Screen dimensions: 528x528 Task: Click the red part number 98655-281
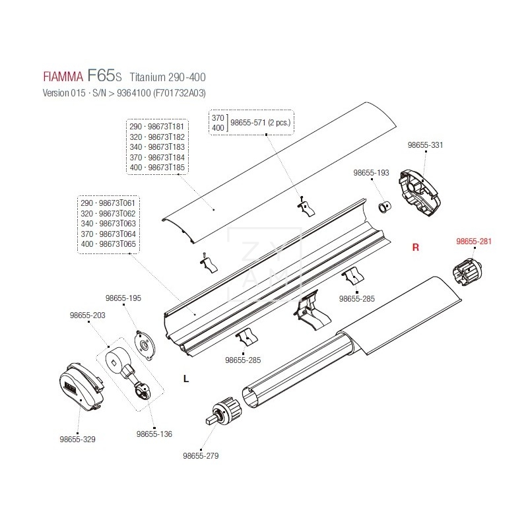tap(474, 242)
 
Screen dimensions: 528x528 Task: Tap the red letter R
tap(416, 247)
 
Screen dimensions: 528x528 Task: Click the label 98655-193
tap(372, 172)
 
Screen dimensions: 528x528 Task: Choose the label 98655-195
tap(123, 299)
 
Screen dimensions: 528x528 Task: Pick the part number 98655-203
tap(87, 315)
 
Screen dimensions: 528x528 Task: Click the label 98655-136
tap(154, 434)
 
